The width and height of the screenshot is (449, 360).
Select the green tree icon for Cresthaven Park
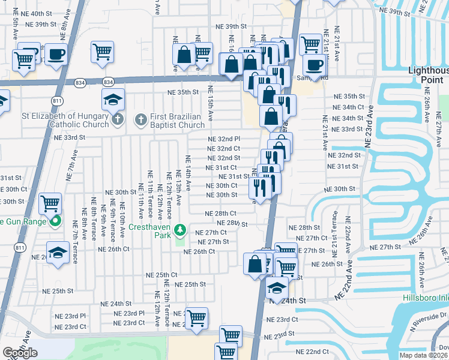[179, 229]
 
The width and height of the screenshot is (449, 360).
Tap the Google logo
[20, 353]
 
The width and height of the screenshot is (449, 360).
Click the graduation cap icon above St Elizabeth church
[112, 99]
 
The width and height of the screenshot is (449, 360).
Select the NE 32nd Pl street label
[224, 139]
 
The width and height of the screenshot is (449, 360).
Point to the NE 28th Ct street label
[220, 214]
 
